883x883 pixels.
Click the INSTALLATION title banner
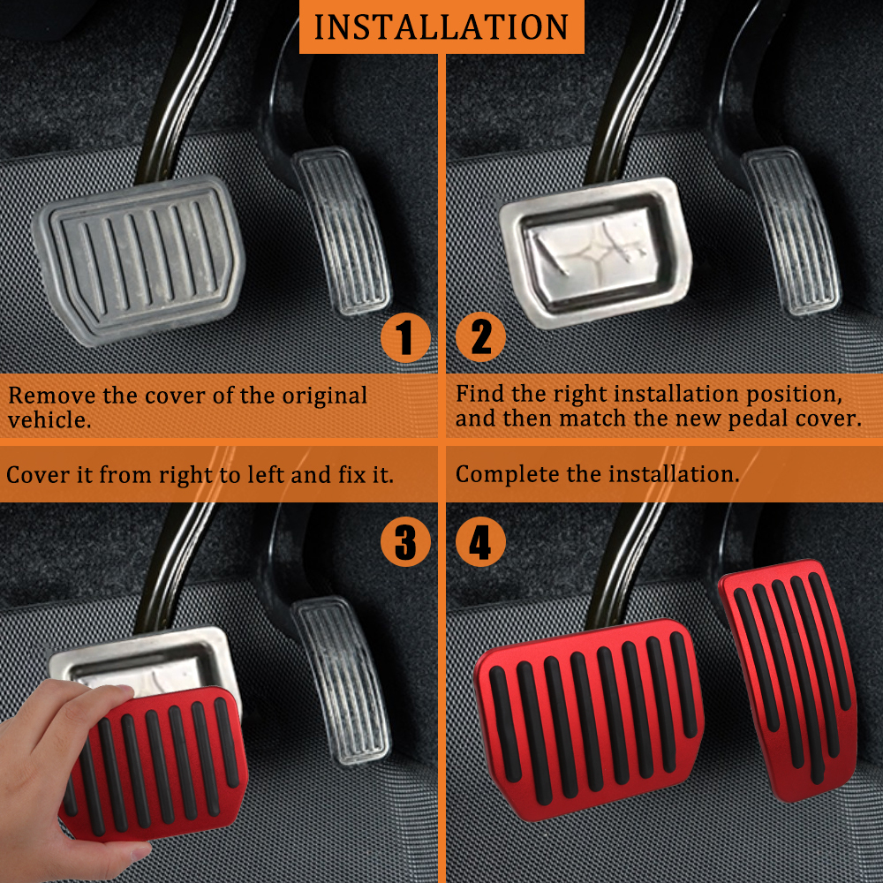tap(441, 26)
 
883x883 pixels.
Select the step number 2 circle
tap(481, 337)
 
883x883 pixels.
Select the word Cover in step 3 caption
tap(37, 474)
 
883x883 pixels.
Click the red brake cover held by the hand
tap(155, 759)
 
